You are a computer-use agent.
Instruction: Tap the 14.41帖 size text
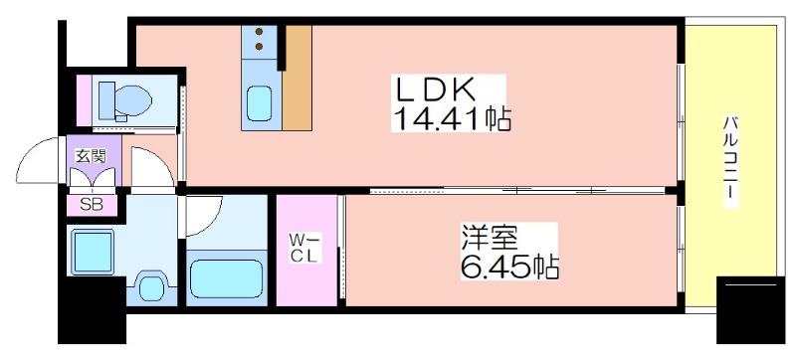[453, 121]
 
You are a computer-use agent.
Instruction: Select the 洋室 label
[487, 239]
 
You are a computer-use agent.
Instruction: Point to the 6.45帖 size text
[507, 267]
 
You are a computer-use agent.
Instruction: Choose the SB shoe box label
[92, 207]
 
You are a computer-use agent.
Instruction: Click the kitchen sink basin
[261, 102]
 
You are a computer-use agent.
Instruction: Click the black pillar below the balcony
[750, 309]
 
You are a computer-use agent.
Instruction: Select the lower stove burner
[260, 47]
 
